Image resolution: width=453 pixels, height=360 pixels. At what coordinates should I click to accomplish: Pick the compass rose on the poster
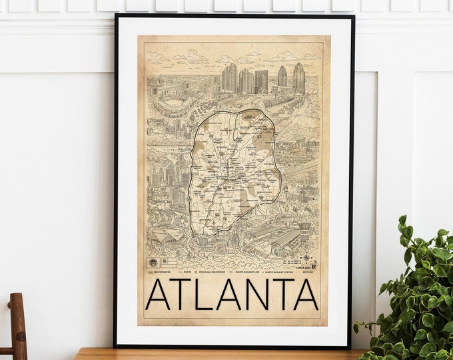pos(305,256)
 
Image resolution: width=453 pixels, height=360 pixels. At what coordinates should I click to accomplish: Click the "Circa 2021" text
pos(304,263)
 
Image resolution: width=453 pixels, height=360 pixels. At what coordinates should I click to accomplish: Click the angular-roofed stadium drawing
pos(165,233)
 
